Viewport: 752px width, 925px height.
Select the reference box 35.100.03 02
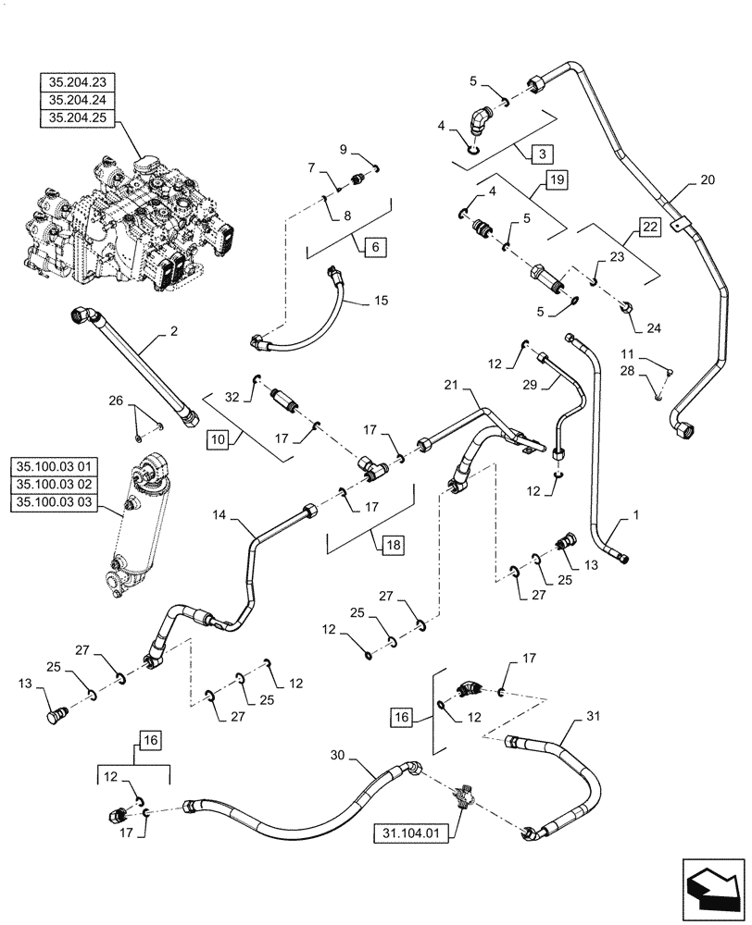(70, 484)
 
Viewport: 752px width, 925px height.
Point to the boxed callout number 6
(375, 247)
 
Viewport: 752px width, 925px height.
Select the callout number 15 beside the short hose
(382, 302)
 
